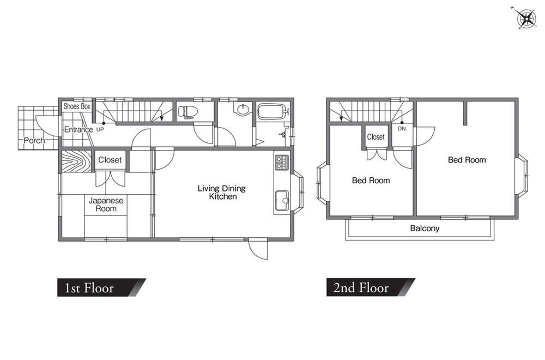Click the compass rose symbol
coord(526,18)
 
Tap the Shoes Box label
coord(77,106)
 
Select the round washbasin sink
coord(243,109)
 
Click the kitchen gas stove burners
coord(282,163)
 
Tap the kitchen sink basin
coord(282,201)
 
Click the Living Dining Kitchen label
coord(222,193)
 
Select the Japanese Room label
coord(106,205)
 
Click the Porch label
coord(34,141)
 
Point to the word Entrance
coord(78,130)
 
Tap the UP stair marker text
coord(100,129)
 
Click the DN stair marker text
coord(402,129)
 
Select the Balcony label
coord(425,228)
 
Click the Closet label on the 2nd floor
coord(376,137)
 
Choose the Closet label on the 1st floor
coord(110,160)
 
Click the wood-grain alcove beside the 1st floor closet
coord(76,161)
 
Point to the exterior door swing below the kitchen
coord(258,249)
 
